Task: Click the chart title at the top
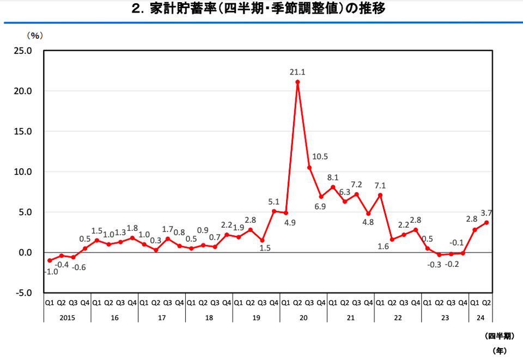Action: point(261,9)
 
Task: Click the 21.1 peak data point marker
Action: point(297,82)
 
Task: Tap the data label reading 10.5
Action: point(320,157)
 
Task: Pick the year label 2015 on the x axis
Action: point(68,317)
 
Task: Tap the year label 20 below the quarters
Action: point(303,317)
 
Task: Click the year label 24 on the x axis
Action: point(480,317)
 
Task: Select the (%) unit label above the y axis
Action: point(35,35)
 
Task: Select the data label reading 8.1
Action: point(333,177)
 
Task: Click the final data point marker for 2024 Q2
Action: point(486,222)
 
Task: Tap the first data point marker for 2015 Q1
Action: point(50,260)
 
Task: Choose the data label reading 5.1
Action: point(273,200)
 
